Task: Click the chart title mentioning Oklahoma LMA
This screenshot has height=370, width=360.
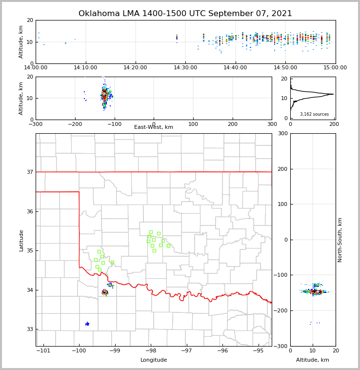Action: coord(185,14)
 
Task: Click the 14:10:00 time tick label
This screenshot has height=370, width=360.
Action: coord(85,68)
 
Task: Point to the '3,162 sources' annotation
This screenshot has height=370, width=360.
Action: coord(314,114)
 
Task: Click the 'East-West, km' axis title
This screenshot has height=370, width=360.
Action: coord(154,127)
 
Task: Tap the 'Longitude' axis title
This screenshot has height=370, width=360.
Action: coord(154,360)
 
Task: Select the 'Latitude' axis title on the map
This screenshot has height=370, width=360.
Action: coord(21,240)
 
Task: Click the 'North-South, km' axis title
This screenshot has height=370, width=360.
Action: coord(340,240)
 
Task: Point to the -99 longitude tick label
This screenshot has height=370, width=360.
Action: coord(115,351)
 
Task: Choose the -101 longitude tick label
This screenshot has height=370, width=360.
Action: coord(43,351)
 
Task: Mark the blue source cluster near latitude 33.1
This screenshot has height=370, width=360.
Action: coord(87,324)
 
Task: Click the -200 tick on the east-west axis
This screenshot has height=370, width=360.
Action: coord(75,124)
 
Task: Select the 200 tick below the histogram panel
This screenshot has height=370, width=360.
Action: coord(334,124)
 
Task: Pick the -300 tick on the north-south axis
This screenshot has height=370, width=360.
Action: coord(283,346)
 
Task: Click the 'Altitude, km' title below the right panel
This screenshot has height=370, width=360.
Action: coord(313,360)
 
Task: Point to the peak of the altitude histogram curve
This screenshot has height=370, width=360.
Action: coord(333,94)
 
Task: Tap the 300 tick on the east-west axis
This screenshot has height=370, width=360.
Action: coord(272,124)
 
